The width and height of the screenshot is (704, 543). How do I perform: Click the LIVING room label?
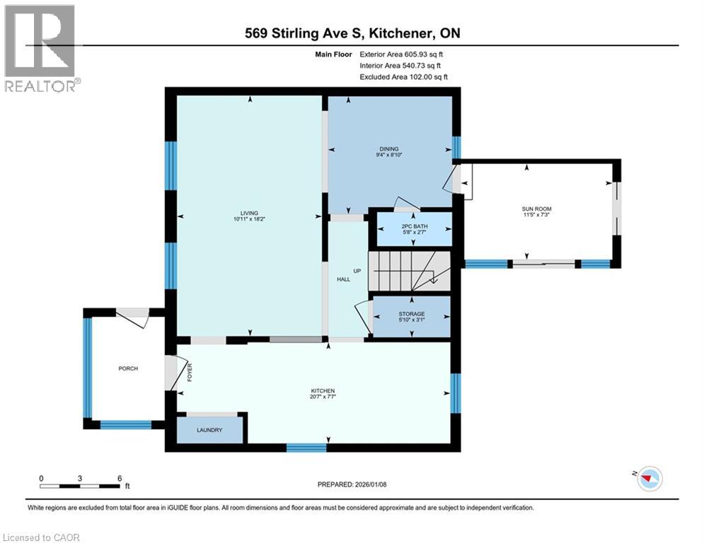coord(248,213)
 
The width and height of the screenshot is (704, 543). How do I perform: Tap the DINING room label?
coord(389,149)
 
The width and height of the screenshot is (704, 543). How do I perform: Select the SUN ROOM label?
coord(536,209)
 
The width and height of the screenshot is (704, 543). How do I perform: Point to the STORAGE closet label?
coord(411,313)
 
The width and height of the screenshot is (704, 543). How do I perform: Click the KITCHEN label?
coord(323,391)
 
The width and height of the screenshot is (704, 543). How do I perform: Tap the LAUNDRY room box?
coord(210,430)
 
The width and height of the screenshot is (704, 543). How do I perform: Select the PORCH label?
coord(128,368)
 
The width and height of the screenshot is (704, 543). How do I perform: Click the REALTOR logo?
coord(41,48)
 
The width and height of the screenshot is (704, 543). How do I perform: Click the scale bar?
coord(80,486)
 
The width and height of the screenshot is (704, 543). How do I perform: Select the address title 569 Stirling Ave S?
coord(352,33)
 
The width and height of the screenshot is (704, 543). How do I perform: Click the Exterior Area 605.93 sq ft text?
coord(402,54)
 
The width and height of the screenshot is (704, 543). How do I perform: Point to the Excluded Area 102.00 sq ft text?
coord(403,77)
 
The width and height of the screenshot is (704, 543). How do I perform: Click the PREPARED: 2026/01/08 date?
coord(352,484)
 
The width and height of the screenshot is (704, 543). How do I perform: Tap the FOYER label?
coord(190,372)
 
